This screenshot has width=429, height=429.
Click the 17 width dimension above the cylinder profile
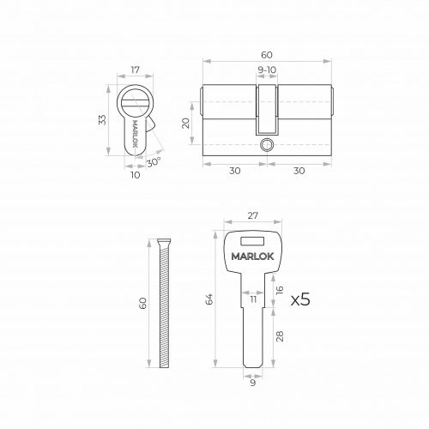[136, 69]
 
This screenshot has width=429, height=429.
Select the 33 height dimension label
[102, 119]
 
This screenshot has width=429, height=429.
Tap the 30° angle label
[154, 163]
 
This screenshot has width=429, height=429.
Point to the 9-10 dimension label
[267, 70]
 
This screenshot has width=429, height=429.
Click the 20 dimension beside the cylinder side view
[186, 124]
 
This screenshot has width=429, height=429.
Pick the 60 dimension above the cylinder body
[267, 55]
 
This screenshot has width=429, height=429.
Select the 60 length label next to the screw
[142, 304]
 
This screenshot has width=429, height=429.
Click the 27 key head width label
[253, 215]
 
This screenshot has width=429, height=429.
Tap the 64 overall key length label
[209, 299]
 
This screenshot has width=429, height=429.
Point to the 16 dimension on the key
[280, 290]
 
